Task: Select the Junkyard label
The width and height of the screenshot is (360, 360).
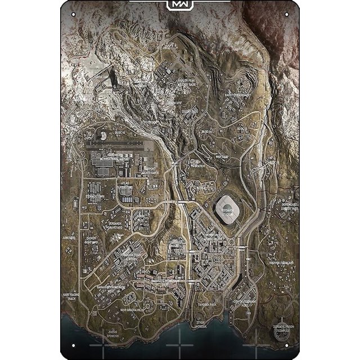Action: tap(69, 238)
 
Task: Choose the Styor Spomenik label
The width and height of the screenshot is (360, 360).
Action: tap(201, 323)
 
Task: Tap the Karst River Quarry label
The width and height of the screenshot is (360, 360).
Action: tap(237, 95)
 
